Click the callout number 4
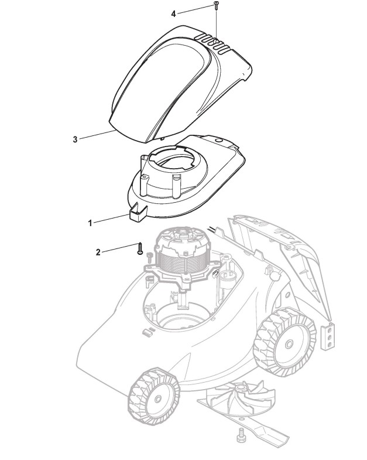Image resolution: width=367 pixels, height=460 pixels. (173, 13)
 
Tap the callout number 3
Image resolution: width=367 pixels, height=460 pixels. (75, 139)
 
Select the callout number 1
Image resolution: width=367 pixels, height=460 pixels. (90, 223)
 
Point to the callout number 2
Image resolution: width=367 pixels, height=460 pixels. (98, 252)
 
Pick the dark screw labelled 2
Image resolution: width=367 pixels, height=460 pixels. (140, 248)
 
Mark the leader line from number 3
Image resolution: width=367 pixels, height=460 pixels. (97, 134)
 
